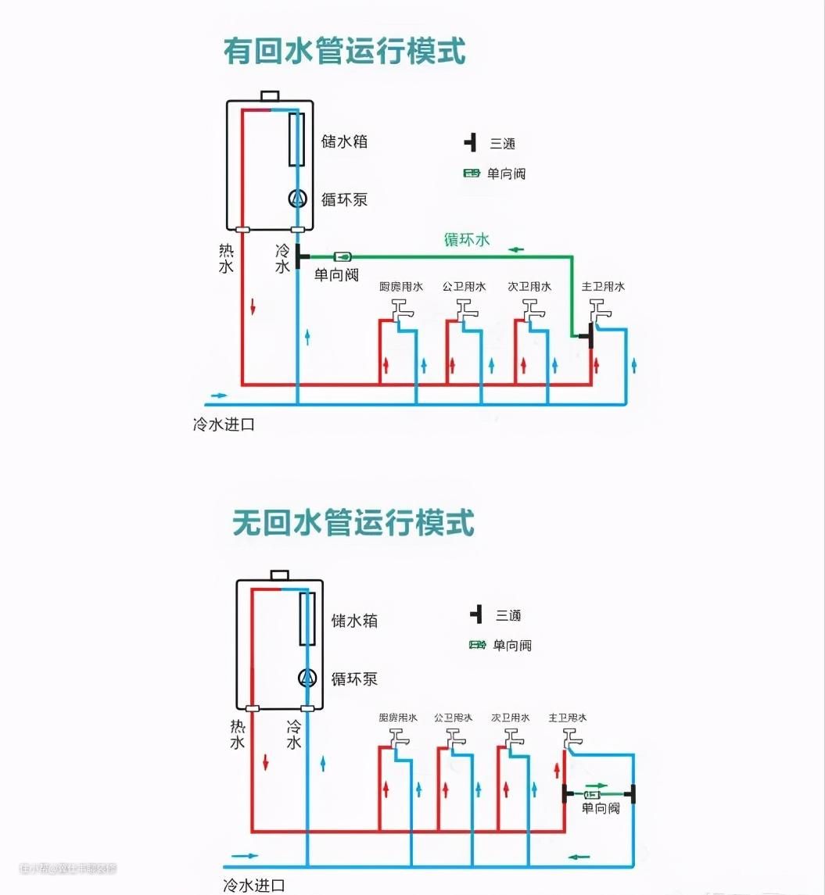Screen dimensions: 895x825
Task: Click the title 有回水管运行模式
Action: coord(344,52)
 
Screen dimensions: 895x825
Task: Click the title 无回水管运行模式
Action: coord(353,522)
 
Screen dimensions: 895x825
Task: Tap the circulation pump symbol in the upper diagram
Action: coord(297,199)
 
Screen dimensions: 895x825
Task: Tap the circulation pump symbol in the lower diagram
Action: coord(307,678)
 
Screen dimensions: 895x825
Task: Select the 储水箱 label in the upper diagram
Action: coord(344,142)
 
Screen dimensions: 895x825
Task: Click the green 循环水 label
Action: coord(467,240)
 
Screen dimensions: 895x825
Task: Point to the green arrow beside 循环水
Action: coord(517,250)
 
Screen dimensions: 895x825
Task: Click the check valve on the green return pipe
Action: coord(343,256)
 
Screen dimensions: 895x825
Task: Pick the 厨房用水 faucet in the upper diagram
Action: coord(402,310)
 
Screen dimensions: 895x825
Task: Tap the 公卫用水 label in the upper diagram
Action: coord(465,287)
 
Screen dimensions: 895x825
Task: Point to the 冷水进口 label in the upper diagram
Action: coord(224,425)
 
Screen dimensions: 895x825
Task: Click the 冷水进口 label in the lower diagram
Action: coord(253,886)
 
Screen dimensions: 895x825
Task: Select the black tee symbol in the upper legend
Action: coord(470,143)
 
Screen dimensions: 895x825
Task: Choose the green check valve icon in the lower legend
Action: coord(477,645)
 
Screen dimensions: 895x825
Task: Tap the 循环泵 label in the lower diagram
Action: coord(354,678)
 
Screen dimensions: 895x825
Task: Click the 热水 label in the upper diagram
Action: coord(226,259)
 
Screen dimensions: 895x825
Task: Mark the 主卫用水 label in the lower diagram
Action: coord(568,718)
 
